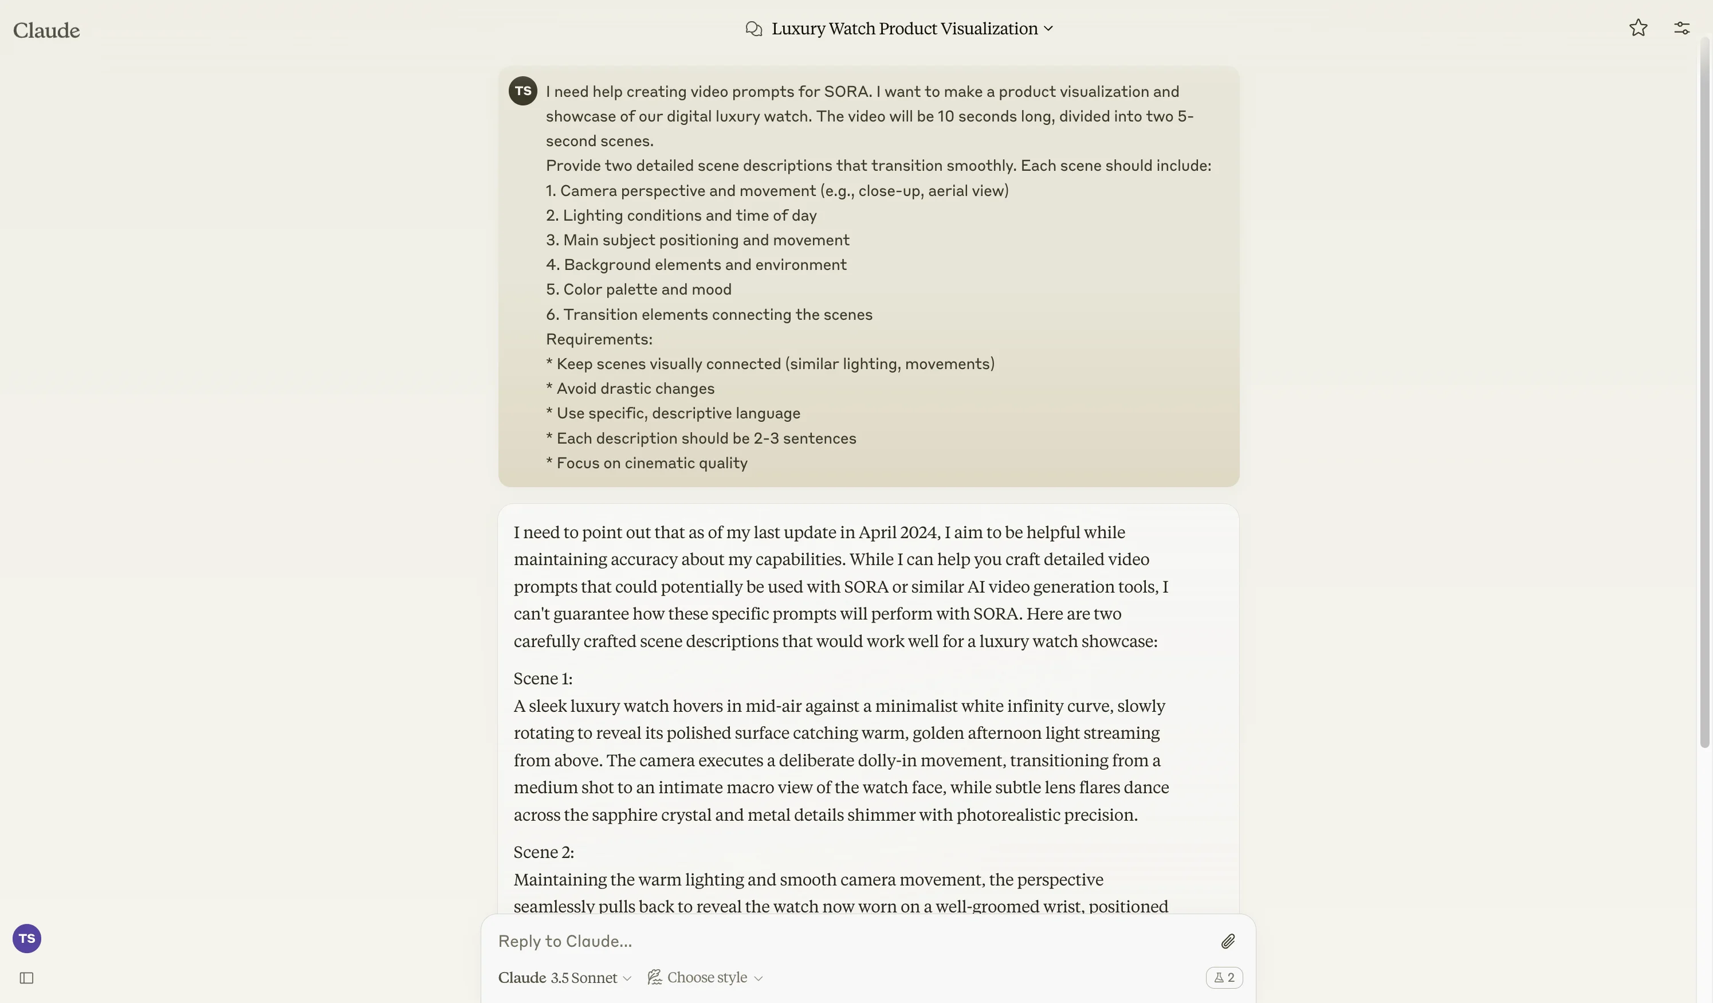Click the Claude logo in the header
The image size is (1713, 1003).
46,30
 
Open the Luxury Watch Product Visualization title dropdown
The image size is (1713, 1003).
911,29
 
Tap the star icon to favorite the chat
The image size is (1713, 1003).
1637,28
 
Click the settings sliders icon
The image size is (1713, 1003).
1681,28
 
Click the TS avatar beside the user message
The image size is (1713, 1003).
522,91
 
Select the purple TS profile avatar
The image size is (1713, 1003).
27,938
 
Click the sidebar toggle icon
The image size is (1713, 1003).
26,978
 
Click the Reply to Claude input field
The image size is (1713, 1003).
850,941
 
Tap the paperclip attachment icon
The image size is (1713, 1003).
1227,941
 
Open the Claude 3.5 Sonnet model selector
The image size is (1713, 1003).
565,978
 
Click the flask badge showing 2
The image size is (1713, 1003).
1224,978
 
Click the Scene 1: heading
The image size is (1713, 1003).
543,679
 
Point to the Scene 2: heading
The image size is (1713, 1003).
544,852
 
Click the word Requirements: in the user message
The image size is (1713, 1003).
599,339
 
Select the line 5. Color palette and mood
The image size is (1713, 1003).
638,289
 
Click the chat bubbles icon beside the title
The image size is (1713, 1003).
753,29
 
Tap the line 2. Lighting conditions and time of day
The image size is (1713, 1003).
681,216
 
